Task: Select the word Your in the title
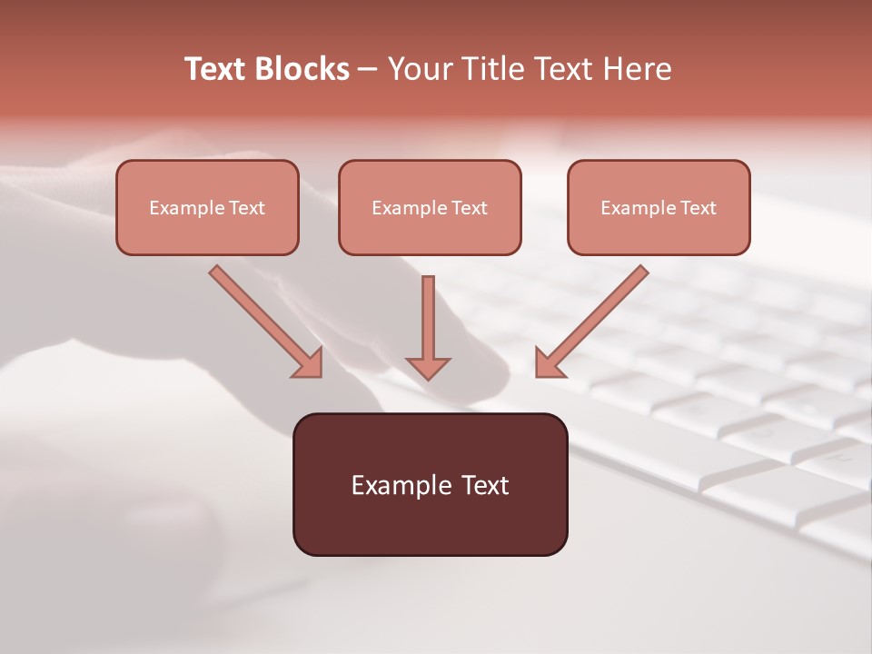pyautogui.click(x=420, y=69)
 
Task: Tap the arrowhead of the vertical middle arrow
pyautogui.click(x=428, y=368)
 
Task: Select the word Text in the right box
pyautogui.click(x=699, y=208)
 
